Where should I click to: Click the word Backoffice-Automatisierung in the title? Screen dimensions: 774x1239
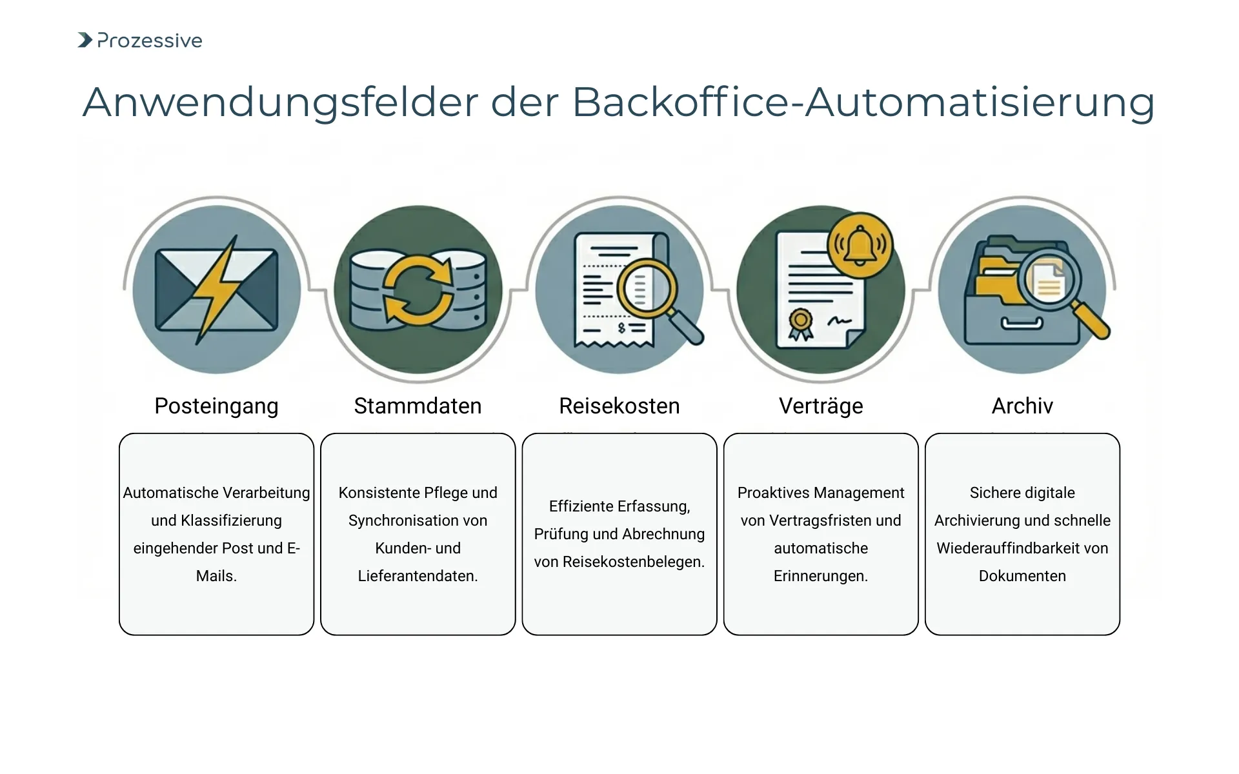[x=863, y=102]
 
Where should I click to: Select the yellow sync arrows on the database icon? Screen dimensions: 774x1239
[x=418, y=289]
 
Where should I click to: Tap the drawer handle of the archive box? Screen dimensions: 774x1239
[x=1022, y=323]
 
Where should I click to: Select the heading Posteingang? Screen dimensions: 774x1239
[x=216, y=406]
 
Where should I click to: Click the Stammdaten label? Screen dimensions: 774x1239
[x=418, y=406]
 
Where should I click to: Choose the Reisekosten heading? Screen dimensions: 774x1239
[x=619, y=406]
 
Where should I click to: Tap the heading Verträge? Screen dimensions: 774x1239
[x=821, y=406]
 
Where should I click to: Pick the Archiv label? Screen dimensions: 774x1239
[x=1022, y=406]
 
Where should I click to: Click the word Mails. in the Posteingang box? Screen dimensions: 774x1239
[x=216, y=576]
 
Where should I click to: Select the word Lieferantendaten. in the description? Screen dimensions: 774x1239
[x=418, y=576]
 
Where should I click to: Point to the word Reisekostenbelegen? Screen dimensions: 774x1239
[x=633, y=562]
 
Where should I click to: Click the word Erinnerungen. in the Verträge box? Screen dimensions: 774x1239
[x=821, y=576]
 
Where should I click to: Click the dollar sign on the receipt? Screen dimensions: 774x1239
[x=621, y=328]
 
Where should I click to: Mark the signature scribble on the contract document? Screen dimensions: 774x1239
[x=839, y=321]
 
